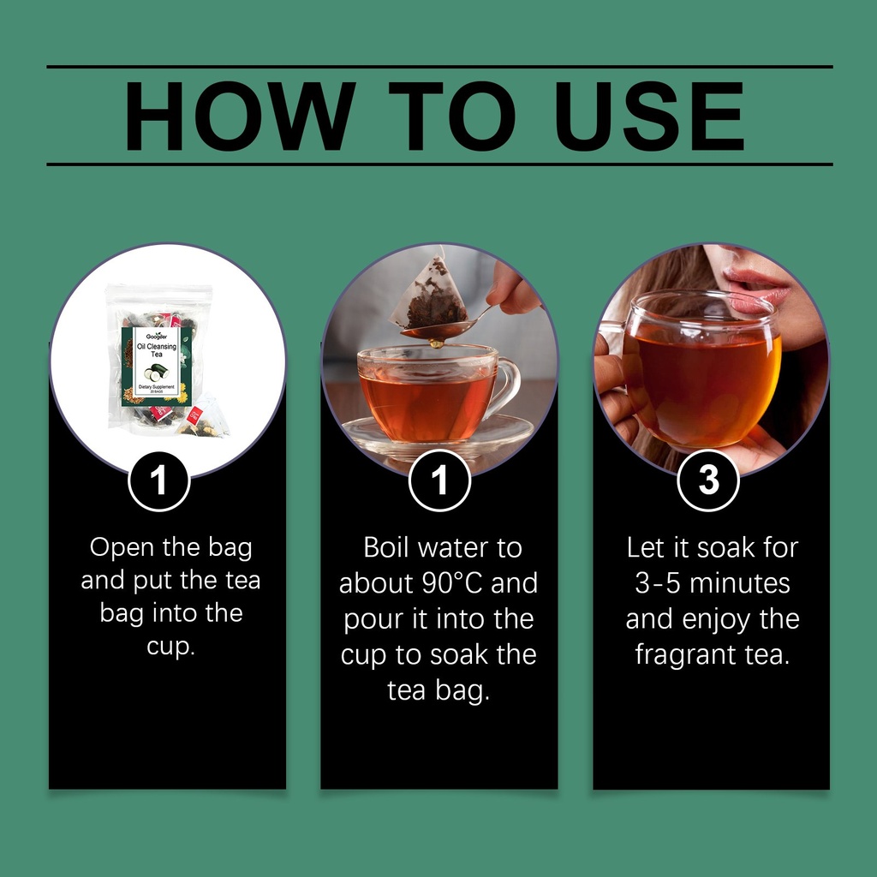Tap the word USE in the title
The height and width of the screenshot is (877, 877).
(x=649, y=116)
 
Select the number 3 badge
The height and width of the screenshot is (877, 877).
(x=708, y=480)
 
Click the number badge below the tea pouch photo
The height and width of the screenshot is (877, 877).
(x=158, y=481)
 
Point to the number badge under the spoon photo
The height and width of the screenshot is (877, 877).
(x=439, y=480)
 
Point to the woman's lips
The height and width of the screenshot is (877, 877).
(x=756, y=289)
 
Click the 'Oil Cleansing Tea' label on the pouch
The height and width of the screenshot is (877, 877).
(x=157, y=350)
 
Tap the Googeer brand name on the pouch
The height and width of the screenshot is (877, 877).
(x=157, y=336)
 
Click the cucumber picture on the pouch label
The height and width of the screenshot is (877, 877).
(x=156, y=372)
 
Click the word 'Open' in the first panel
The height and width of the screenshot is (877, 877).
(x=122, y=548)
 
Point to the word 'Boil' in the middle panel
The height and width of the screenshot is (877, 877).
(x=386, y=547)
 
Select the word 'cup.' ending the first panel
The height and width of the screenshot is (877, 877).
(x=170, y=647)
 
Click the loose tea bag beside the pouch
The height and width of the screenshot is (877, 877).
(x=204, y=417)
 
